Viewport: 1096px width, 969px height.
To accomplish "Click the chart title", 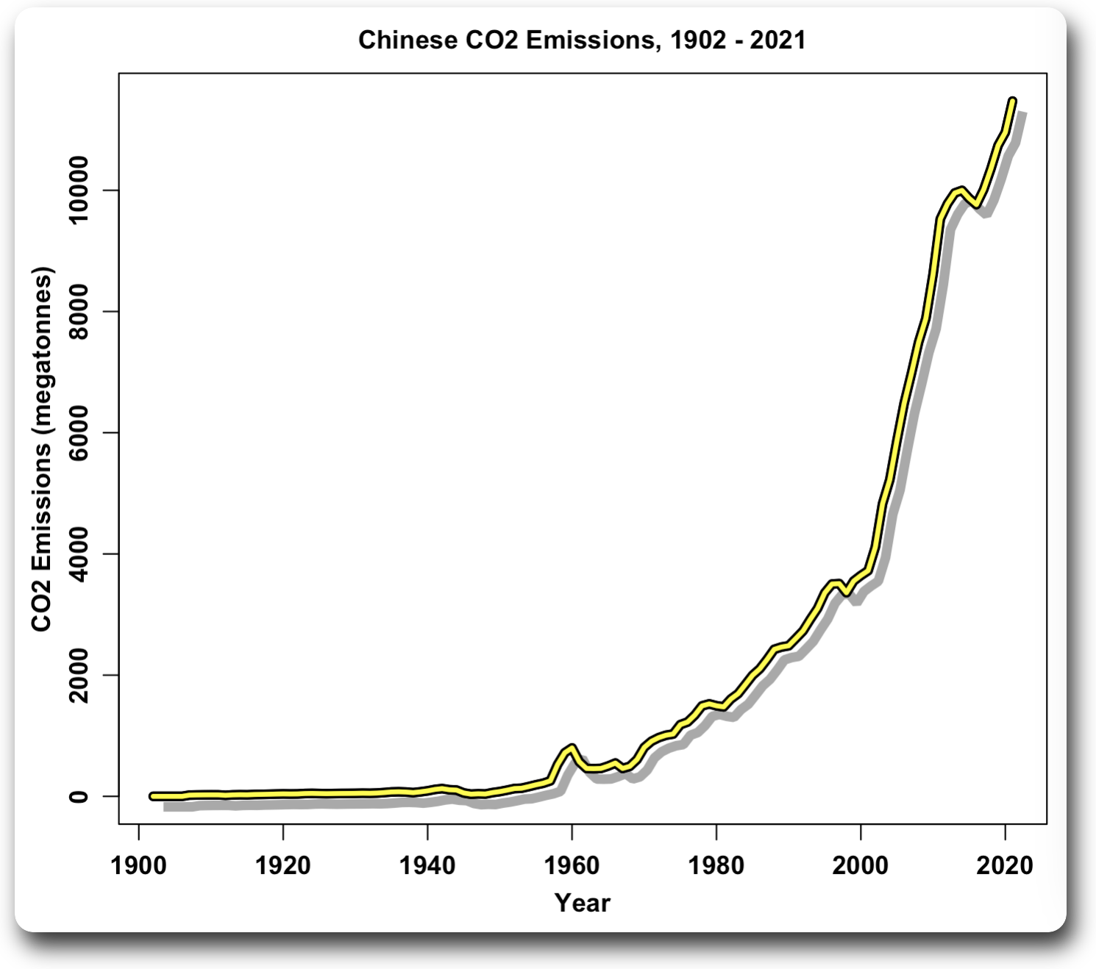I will click(582, 40).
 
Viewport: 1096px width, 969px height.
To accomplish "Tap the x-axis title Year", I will click(582, 902).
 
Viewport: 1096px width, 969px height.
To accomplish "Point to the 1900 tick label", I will click(139, 865).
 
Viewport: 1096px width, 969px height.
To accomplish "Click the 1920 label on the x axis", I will click(283, 865).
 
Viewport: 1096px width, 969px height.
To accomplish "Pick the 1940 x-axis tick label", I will click(427, 865).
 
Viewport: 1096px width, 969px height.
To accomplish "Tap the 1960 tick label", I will click(572, 865).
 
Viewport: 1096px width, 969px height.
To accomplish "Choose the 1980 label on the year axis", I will click(716, 865).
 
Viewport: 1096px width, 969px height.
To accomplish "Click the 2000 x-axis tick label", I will click(860, 865).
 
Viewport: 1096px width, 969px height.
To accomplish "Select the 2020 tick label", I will click(1004, 865).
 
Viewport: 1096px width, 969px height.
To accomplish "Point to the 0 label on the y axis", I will click(79, 796).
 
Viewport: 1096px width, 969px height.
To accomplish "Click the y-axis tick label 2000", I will click(79, 675).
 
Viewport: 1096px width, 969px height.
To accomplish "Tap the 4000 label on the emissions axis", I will click(79, 554).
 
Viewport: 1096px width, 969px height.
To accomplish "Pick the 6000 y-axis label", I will click(79, 432).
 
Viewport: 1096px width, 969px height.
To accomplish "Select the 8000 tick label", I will click(79, 312).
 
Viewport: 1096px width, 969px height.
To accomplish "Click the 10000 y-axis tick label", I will click(79, 190).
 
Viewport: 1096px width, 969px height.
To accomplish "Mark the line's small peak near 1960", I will click(572, 747).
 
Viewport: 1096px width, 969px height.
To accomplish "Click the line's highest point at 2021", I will click(1012, 100).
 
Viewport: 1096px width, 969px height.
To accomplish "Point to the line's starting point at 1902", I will click(153, 795).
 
